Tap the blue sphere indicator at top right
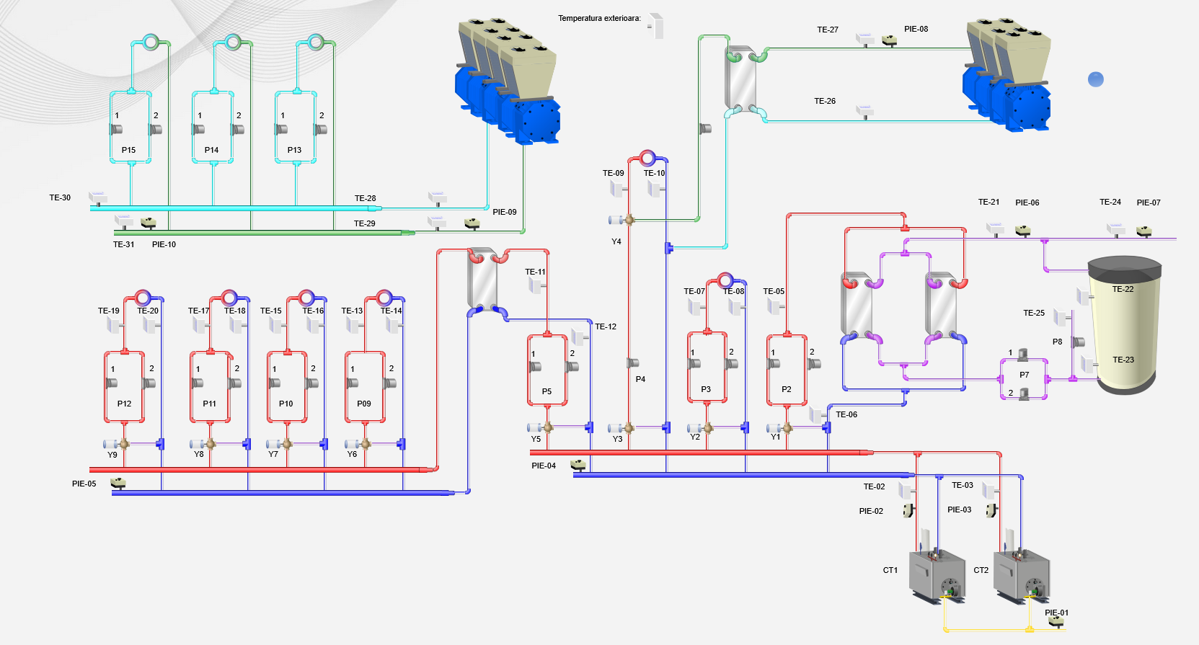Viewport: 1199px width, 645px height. [1095, 79]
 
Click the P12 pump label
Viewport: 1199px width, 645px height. [124, 404]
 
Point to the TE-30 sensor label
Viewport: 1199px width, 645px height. [60, 197]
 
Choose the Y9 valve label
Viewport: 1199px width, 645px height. [112, 455]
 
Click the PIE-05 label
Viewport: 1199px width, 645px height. [84, 484]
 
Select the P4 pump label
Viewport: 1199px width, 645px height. [640, 379]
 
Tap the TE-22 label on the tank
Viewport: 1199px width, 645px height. [1123, 289]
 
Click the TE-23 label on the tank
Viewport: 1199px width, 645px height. [1123, 360]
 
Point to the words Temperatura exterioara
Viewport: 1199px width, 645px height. [599, 18]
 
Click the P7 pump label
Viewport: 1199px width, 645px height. [1024, 375]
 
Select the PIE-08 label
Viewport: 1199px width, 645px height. [916, 29]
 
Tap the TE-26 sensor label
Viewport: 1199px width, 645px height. [825, 101]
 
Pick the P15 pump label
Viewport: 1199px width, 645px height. [128, 150]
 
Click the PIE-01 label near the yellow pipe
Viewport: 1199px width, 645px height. [1056, 613]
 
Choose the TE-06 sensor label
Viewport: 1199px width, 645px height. [846, 414]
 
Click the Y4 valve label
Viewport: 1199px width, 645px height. [616, 241]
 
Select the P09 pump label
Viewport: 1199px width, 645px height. [364, 404]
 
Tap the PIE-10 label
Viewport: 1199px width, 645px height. [164, 244]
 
